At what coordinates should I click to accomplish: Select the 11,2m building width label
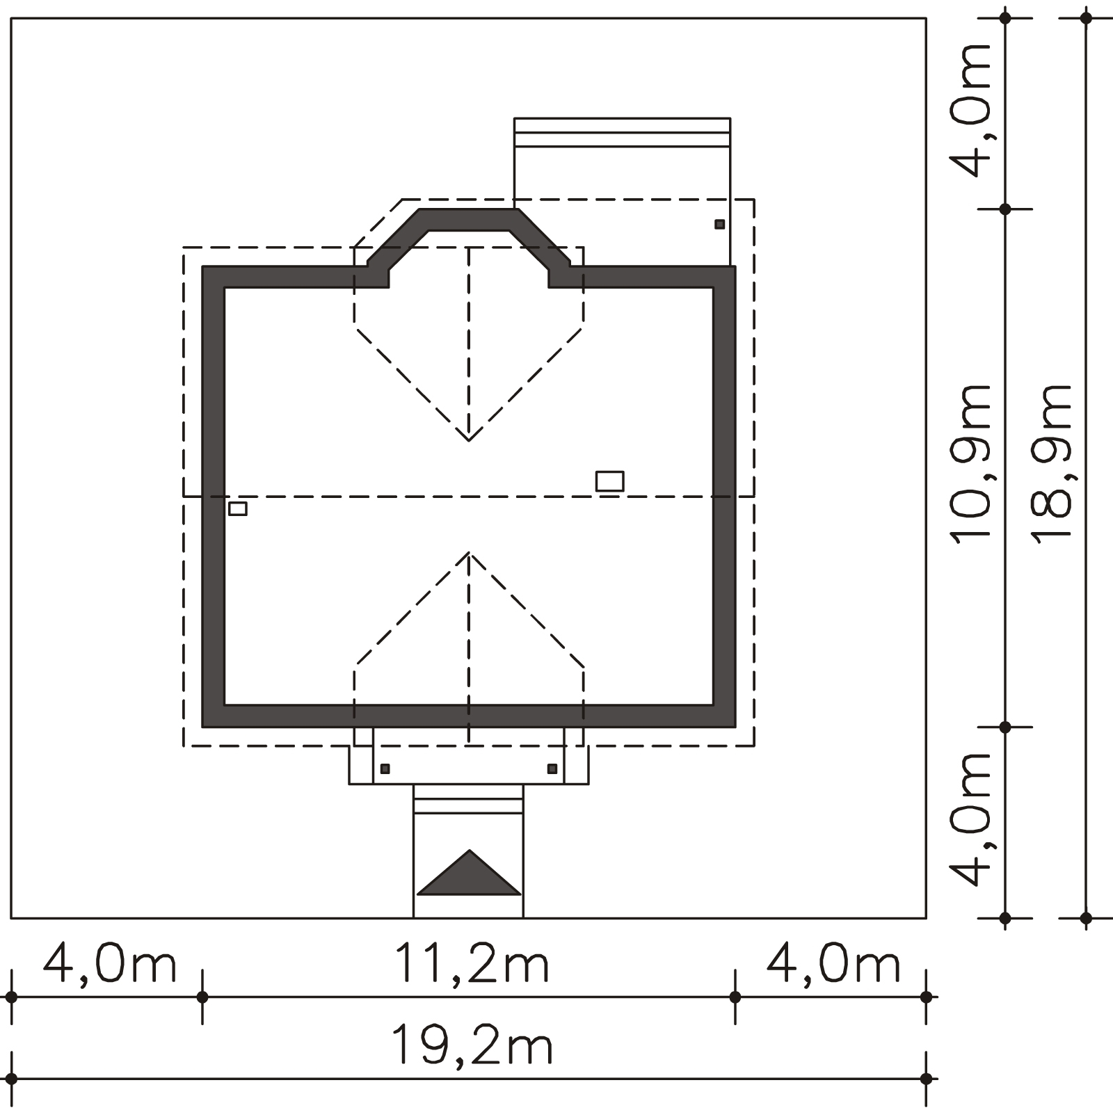[472, 963]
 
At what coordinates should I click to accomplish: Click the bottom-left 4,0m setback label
[110, 963]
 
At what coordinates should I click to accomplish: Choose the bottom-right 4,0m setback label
[833, 963]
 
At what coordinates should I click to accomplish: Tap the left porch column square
[385, 769]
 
